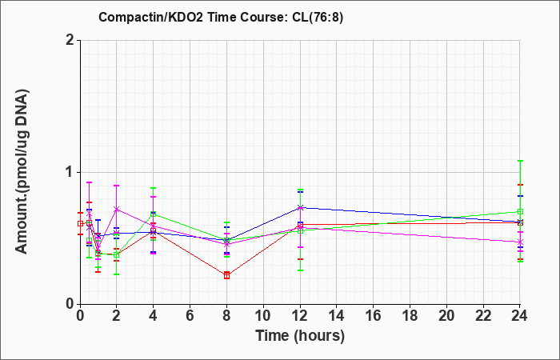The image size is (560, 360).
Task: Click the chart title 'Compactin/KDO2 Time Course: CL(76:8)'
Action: click(221, 17)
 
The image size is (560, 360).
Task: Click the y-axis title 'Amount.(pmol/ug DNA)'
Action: click(22, 171)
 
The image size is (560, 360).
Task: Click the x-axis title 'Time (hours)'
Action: click(300, 336)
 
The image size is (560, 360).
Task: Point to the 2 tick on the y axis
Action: click(70, 40)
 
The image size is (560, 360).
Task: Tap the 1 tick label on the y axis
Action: click(70, 173)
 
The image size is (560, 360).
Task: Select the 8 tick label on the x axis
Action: click(226, 316)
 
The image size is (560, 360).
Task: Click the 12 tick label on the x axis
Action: click(300, 316)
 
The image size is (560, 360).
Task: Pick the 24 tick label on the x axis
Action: click(520, 316)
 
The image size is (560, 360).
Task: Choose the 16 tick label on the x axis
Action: click(374, 316)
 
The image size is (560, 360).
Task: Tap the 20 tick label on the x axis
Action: click(446, 316)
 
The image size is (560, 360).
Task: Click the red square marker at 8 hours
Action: click(226, 275)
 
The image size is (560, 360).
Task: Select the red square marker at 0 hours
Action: click(80, 223)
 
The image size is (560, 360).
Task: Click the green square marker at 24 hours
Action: click(520, 211)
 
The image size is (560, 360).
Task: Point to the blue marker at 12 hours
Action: click(300, 207)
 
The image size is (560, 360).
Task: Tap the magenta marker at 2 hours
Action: click(116, 209)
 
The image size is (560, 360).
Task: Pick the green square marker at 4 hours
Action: click(154, 214)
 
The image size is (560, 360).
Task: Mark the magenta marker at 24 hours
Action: click(520, 242)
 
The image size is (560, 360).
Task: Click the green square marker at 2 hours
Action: click(116, 255)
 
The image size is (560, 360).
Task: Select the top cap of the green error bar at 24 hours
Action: click(520, 161)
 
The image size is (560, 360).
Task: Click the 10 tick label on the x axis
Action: click(263, 316)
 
